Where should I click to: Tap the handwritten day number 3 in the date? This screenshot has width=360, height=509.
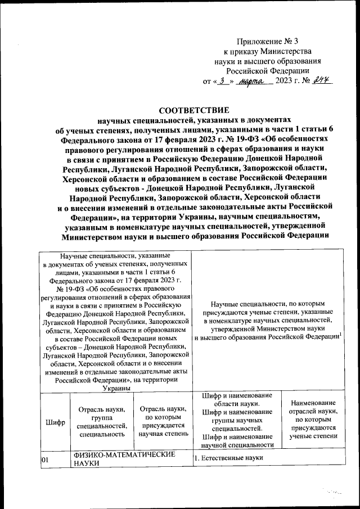[x=224, y=81]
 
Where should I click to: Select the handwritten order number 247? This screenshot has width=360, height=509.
[x=322, y=80]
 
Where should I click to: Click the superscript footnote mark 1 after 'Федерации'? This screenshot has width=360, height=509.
[x=342, y=334]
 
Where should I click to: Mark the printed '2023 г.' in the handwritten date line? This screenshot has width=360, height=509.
[x=292, y=82]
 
